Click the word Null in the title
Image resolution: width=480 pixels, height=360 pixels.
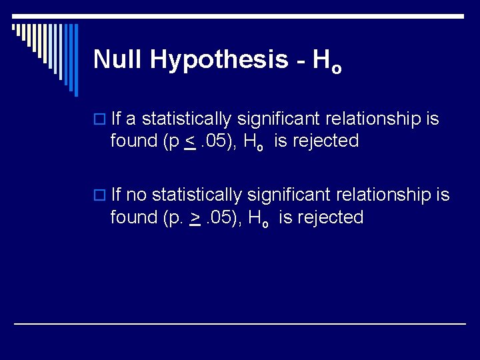click(119, 59)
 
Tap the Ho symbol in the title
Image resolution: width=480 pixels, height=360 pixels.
click(327, 62)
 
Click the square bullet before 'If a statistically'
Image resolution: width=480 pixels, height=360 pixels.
click(101, 120)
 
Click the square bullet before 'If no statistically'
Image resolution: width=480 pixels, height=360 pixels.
click(101, 196)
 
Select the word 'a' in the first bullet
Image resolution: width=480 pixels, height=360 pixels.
click(131, 119)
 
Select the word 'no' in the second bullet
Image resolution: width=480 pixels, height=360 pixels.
click(137, 195)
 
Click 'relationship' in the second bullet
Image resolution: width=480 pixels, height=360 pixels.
click(376, 195)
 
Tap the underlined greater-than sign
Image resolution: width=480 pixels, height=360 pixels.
click(196, 217)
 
